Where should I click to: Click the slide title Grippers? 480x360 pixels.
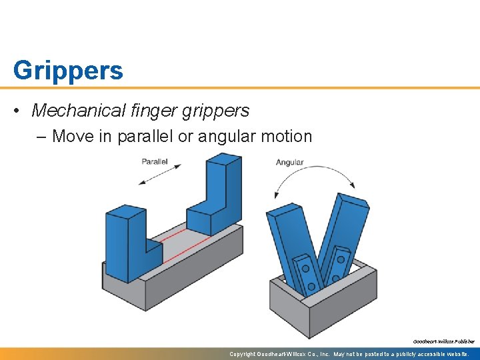pos(68,70)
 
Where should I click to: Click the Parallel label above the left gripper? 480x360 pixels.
pos(155,162)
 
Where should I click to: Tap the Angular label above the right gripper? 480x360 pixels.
pos(290,163)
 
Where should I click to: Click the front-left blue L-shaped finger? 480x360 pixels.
pos(130,243)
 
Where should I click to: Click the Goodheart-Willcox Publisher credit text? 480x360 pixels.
pos(443,341)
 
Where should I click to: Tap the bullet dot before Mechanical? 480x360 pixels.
pos(19,111)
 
